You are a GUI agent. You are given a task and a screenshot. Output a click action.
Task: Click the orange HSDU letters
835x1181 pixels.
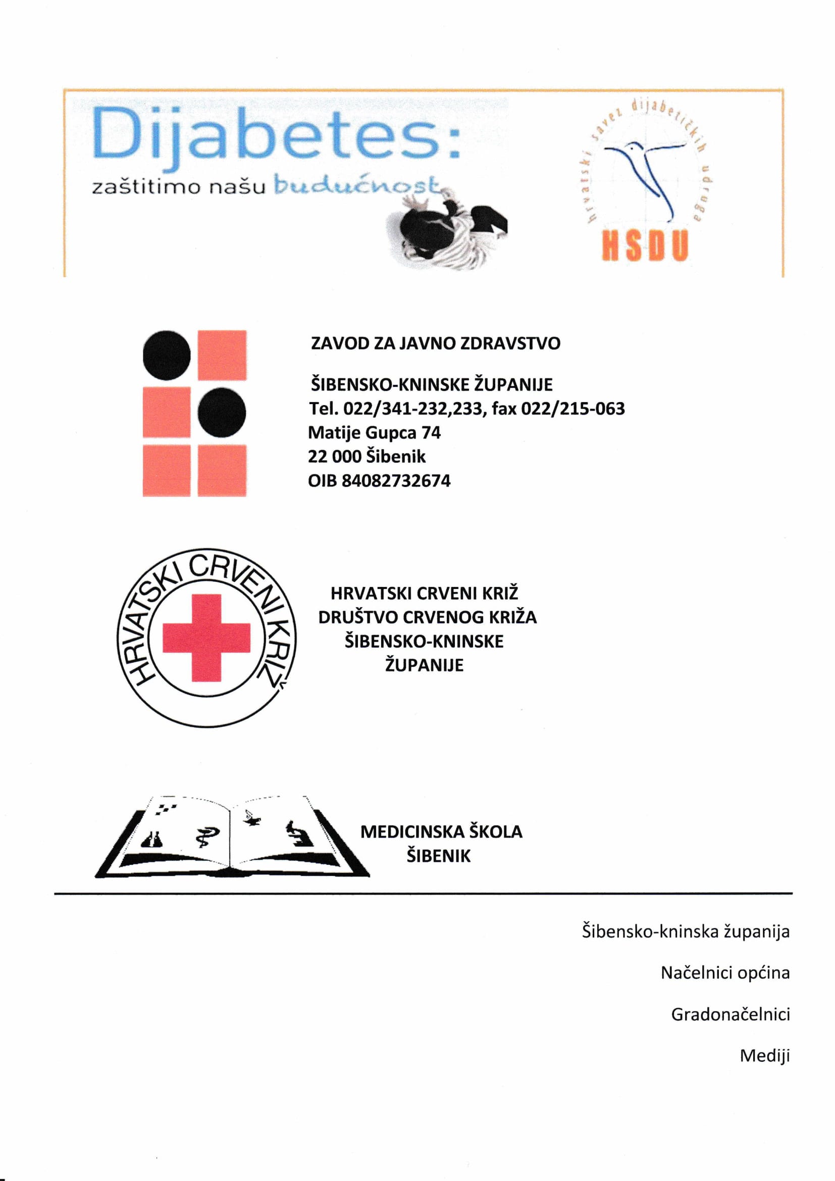click(645, 247)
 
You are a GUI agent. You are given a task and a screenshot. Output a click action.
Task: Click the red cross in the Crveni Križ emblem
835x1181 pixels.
click(206, 638)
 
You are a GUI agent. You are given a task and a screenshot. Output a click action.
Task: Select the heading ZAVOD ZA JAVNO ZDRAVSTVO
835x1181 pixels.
click(436, 343)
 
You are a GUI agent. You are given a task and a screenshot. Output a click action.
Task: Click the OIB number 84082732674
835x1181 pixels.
click(396, 481)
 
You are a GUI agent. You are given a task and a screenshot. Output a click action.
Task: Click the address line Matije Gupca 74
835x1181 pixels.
click(374, 433)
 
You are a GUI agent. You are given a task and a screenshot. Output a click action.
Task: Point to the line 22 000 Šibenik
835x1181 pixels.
click(367, 457)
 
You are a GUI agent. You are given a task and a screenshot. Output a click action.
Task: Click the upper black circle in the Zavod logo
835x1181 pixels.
click(167, 355)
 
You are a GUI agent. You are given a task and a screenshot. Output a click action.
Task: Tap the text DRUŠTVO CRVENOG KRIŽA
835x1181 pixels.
click(427, 617)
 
